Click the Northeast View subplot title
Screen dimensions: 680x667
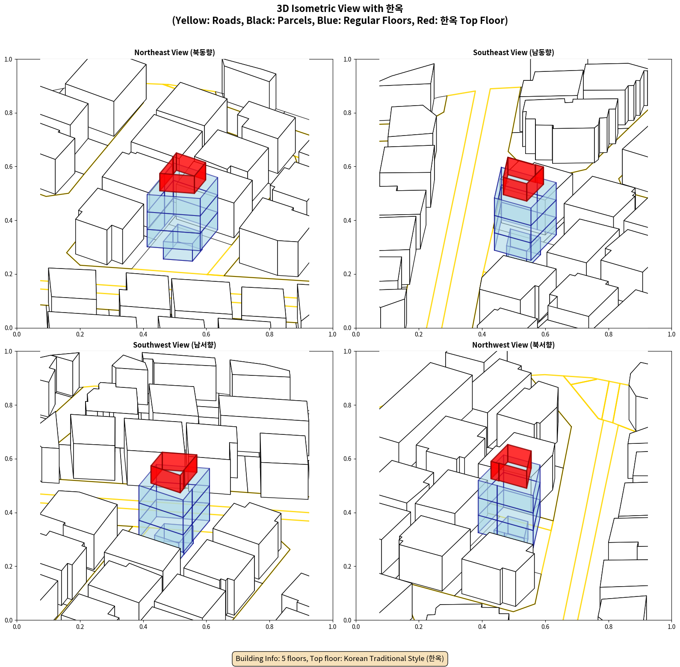(174, 53)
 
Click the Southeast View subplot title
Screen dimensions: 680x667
(513, 53)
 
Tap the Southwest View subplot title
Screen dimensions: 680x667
(174, 345)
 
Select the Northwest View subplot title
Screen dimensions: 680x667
(513, 345)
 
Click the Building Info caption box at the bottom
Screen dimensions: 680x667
(340, 658)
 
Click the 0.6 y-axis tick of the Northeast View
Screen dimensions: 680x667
(9, 167)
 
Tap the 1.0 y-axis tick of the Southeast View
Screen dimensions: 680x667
(347, 59)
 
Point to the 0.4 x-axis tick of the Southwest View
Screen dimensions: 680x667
(143, 627)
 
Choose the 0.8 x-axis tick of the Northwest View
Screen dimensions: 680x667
(608, 627)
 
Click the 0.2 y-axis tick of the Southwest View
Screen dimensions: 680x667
(9, 567)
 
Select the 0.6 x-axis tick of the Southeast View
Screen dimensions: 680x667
(545, 334)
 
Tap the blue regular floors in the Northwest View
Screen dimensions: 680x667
(509, 505)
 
